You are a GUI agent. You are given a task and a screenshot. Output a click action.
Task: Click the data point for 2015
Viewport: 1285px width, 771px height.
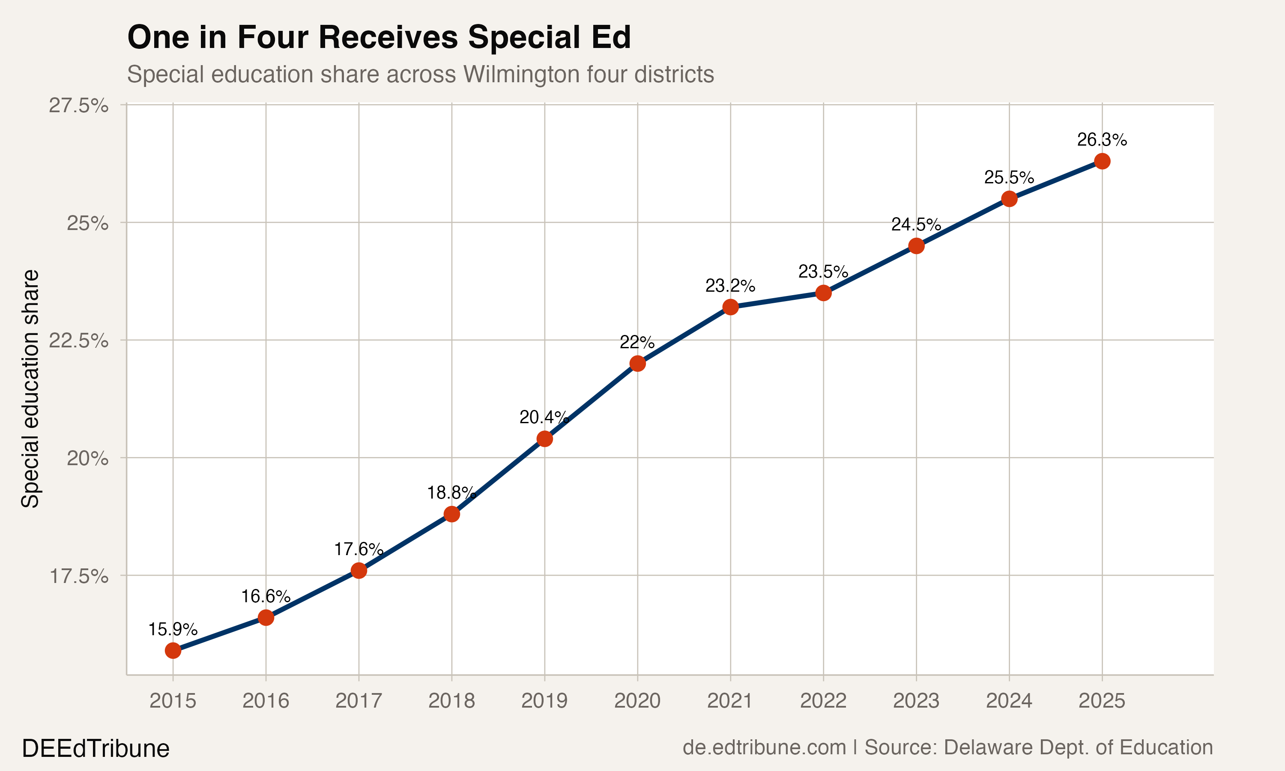[173, 651]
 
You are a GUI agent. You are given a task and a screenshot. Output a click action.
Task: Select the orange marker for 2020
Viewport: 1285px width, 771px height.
[637, 363]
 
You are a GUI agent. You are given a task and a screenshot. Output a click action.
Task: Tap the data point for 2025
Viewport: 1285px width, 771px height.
[1102, 161]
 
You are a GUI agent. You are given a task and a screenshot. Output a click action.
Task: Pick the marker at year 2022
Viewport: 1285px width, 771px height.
[823, 293]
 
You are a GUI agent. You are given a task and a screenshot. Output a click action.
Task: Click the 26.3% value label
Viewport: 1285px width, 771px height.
[1102, 140]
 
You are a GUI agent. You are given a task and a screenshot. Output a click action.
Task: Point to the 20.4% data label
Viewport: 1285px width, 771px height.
[544, 417]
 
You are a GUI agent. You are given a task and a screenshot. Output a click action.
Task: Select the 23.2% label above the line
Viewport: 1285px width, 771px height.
[730, 286]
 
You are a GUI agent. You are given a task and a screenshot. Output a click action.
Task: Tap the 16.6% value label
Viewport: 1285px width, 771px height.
[266, 596]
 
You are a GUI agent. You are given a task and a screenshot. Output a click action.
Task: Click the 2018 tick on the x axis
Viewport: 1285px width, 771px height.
[451, 701]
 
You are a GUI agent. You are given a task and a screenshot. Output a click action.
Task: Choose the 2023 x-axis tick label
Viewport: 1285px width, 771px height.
[916, 701]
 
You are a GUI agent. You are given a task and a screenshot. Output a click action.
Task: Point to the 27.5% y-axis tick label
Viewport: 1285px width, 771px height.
[78, 105]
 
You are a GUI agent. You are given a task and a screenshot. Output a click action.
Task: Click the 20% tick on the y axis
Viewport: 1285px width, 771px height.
[87, 458]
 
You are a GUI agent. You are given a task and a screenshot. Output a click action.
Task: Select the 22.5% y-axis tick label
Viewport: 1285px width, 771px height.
[78, 341]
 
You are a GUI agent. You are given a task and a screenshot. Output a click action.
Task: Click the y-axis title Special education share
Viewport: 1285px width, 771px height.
[30, 388]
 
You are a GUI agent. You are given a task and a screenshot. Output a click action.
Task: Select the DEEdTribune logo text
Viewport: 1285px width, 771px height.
[96, 749]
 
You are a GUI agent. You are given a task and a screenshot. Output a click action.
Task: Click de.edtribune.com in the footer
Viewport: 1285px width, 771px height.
[764, 747]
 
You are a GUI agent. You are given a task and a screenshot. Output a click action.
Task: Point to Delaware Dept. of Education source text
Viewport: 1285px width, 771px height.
[1078, 747]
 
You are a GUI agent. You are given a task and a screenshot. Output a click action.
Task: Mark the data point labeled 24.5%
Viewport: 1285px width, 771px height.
[916, 246]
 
